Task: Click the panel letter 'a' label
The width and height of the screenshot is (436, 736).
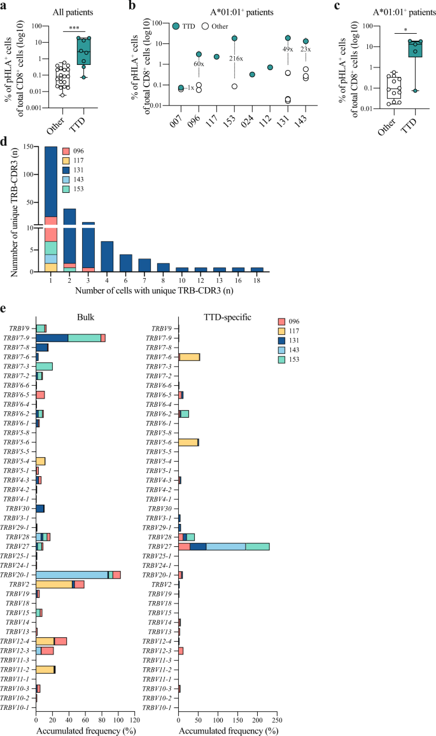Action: point(5,6)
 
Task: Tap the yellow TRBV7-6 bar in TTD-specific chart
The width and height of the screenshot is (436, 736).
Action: point(190,357)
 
